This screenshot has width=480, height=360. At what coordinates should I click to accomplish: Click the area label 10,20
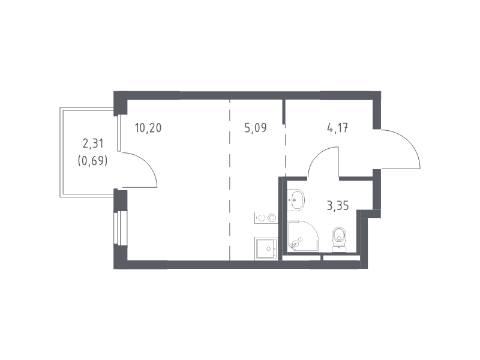(148, 128)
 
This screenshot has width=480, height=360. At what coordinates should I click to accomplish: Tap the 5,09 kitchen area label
(256, 128)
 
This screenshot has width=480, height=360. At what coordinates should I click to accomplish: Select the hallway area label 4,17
(337, 128)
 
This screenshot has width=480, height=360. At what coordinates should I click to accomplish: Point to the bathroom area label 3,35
(338, 206)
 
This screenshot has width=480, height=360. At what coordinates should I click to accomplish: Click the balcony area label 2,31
(93, 143)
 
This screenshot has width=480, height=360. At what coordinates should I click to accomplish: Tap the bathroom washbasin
(296, 200)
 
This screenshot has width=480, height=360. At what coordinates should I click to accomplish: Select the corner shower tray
(303, 236)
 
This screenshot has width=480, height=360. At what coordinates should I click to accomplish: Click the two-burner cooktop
(266, 218)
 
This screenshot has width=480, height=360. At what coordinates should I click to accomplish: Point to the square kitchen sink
(266, 249)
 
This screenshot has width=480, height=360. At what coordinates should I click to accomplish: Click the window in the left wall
(116, 228)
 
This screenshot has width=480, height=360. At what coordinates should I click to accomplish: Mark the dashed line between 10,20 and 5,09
(230, 180)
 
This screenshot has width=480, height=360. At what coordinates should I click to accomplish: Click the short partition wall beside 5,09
(284, 112)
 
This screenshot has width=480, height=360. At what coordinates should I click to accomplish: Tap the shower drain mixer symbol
(295, 244)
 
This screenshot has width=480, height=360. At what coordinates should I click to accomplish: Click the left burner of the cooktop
(262, 218)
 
